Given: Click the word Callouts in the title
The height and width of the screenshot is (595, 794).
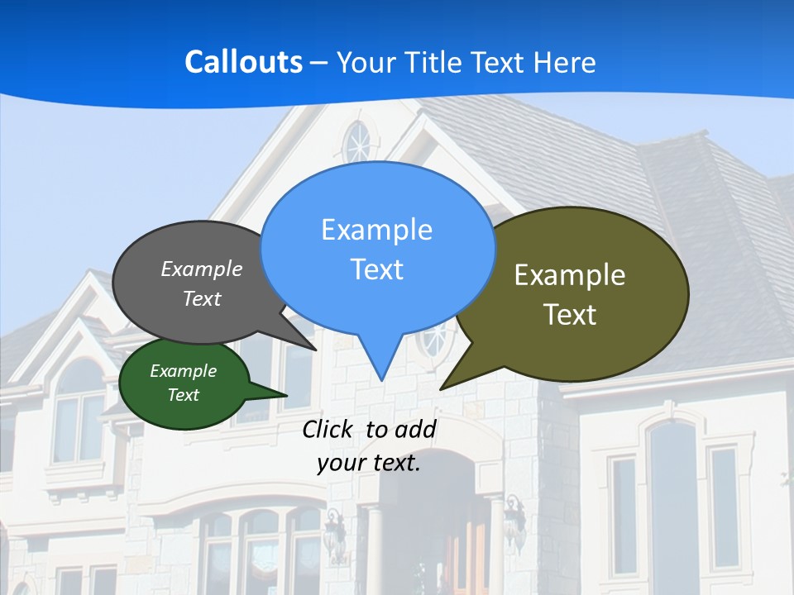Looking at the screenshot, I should click(x=244, y=62).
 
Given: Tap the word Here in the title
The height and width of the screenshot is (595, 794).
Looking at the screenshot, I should click(x=565, y=62).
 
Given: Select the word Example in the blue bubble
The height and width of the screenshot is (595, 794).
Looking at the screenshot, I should click(x=376, y=230).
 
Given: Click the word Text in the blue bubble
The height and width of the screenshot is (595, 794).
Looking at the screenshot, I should click(x=376, y=269).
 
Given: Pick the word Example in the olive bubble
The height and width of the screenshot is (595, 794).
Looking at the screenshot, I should click(x=570, y=275).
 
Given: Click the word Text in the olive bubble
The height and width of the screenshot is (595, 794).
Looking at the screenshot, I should click(x=570, y=315).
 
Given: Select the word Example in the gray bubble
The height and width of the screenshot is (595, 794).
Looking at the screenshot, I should click(x=202, y=269).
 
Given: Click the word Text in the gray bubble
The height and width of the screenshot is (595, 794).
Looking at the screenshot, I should click(x=202, y=299).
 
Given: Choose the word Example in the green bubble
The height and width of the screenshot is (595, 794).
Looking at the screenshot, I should click(x=183, y=371).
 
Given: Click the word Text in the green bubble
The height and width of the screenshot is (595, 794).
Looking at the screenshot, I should click(x=183, y=395).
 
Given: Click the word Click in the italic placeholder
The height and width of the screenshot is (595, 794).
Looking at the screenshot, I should click(x=328, y=429).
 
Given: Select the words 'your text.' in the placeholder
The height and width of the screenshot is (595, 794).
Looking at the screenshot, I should click(x=369, y=463).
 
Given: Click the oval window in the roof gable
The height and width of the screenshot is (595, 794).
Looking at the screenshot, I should click(x=357, y=143).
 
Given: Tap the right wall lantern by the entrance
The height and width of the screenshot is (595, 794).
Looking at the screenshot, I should click(x=514, y=521).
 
